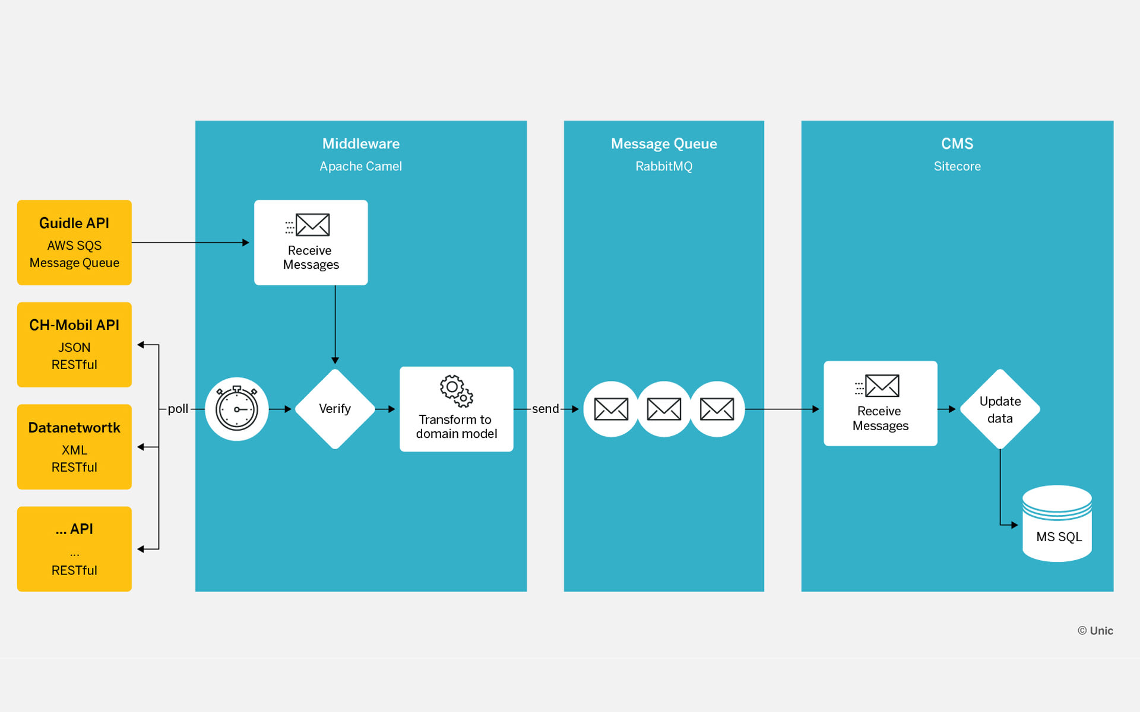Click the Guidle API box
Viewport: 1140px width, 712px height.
pos(74,242)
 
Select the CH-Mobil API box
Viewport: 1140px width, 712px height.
pos(74,344)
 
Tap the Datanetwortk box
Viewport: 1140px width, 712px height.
pos(74,446)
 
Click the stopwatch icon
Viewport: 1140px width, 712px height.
pos(236,409)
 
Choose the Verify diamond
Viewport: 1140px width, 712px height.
pos(335,409)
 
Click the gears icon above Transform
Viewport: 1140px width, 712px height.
pos(456,390)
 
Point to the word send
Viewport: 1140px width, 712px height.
pos(545,409)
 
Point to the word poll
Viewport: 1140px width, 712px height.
pos(178,409)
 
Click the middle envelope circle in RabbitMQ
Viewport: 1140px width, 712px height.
pos(664,409)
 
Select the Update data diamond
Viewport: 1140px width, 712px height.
pos(1000,409)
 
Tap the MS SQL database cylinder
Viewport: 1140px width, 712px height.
pos(1057,525)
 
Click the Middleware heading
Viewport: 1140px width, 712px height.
pos(361,144)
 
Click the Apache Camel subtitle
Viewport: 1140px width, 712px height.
pos(361,166)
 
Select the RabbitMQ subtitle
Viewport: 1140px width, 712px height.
pos(664,166)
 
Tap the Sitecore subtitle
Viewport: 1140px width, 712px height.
pos(957,166)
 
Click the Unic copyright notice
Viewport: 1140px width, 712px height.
pos(1095,631)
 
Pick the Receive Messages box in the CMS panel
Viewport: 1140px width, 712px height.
pos(880,403)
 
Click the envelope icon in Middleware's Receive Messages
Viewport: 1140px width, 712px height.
pos(312,225)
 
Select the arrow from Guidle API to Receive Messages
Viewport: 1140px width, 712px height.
pos(190,242)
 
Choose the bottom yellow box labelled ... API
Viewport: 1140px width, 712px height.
pos(74,549)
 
